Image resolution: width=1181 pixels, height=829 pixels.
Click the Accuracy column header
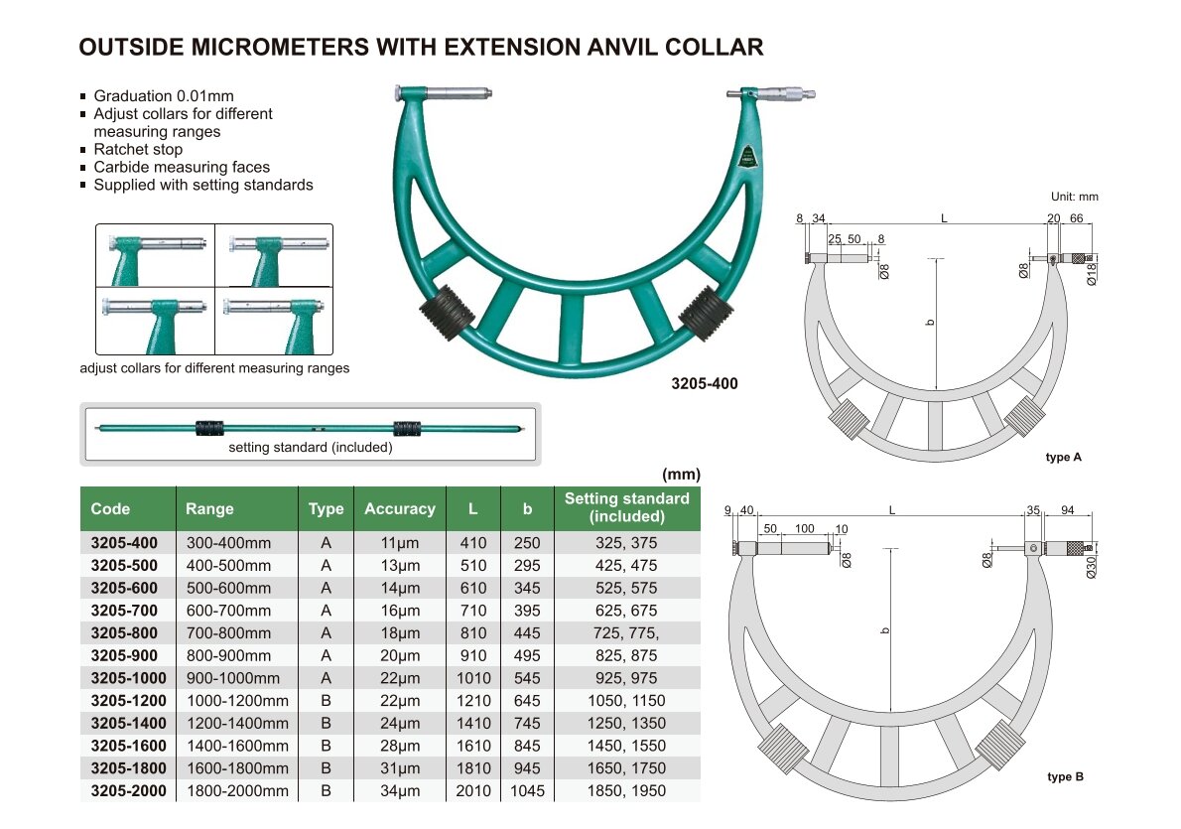tap(399, 508)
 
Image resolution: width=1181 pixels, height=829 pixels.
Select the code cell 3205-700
tap(124, 611)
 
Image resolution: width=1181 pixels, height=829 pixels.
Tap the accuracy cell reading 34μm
tap(399, 791)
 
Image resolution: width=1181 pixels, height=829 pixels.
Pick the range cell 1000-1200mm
tap(237, 701)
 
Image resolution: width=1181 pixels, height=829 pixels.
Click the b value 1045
tap(527, 791)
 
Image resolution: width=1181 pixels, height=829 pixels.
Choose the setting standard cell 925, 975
tap(626, 678)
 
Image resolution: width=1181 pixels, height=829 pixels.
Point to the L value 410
tap(473, 543)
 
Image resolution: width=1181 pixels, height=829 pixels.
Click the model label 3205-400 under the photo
tap(705, 383)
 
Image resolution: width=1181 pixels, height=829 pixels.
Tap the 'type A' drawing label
tap(1064, 457)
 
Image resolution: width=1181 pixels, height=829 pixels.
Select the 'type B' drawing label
tap(1065, 776)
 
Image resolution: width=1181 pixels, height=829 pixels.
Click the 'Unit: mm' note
tap(1075, 197)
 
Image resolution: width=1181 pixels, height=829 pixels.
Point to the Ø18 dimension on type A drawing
tap(1092, 274)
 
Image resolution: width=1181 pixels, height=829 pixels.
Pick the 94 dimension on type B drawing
tap(1067, 510)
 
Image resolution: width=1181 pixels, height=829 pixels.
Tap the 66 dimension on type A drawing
tap(1077, 218)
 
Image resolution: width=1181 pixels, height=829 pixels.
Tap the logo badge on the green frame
tap(747, 157)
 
